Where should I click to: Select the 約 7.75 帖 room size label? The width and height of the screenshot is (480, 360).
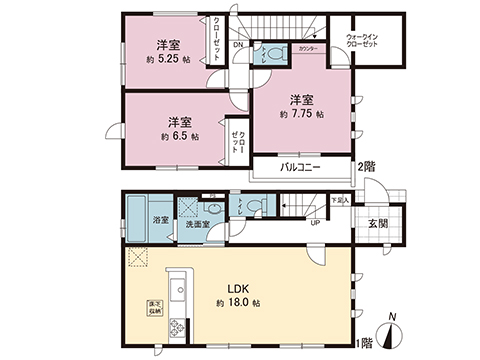click(299, 115)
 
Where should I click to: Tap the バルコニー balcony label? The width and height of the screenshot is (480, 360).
click(299, 167)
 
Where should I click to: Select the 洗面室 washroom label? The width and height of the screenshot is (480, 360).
click(199, 226)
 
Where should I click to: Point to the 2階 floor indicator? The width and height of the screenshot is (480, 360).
click(367, 165)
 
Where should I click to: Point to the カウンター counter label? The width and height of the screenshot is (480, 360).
click(309, 48)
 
